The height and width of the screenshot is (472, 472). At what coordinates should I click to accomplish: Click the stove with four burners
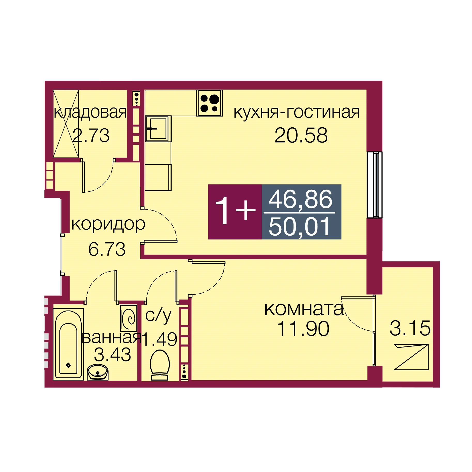pos(209,103)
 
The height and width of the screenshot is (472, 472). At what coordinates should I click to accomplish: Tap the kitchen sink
pos(158,129)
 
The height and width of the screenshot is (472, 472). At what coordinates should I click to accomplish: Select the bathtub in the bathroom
pos(68,344)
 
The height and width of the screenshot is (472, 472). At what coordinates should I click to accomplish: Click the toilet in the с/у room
pos(160,365)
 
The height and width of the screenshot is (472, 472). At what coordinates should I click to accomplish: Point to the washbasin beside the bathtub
pos(97,372)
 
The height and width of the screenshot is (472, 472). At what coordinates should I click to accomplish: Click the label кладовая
pos(90,112)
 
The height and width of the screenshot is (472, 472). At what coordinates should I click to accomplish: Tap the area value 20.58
pos(301,135)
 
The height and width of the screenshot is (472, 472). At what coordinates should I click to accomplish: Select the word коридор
pos(108,224)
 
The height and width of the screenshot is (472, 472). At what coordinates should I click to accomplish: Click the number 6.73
pos(107,249)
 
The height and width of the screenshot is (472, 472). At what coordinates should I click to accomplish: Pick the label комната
pos(304,309)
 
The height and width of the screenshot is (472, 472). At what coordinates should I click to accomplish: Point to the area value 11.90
pos(303,329)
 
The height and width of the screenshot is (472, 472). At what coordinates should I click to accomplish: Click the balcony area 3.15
pos(410,328)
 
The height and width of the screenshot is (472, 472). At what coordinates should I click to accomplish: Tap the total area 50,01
pos(300,227)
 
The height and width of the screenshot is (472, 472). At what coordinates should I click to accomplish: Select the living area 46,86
pos(300,199)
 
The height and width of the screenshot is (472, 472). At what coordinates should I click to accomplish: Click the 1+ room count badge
pos(235,212)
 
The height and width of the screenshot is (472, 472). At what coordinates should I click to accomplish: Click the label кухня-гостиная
pos(297,112)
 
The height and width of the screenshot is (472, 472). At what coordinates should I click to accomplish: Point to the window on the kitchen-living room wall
pos(375,185)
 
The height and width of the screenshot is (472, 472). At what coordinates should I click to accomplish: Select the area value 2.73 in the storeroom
pos(91,135)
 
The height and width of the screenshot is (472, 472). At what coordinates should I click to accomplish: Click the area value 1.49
pos(159,339)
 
